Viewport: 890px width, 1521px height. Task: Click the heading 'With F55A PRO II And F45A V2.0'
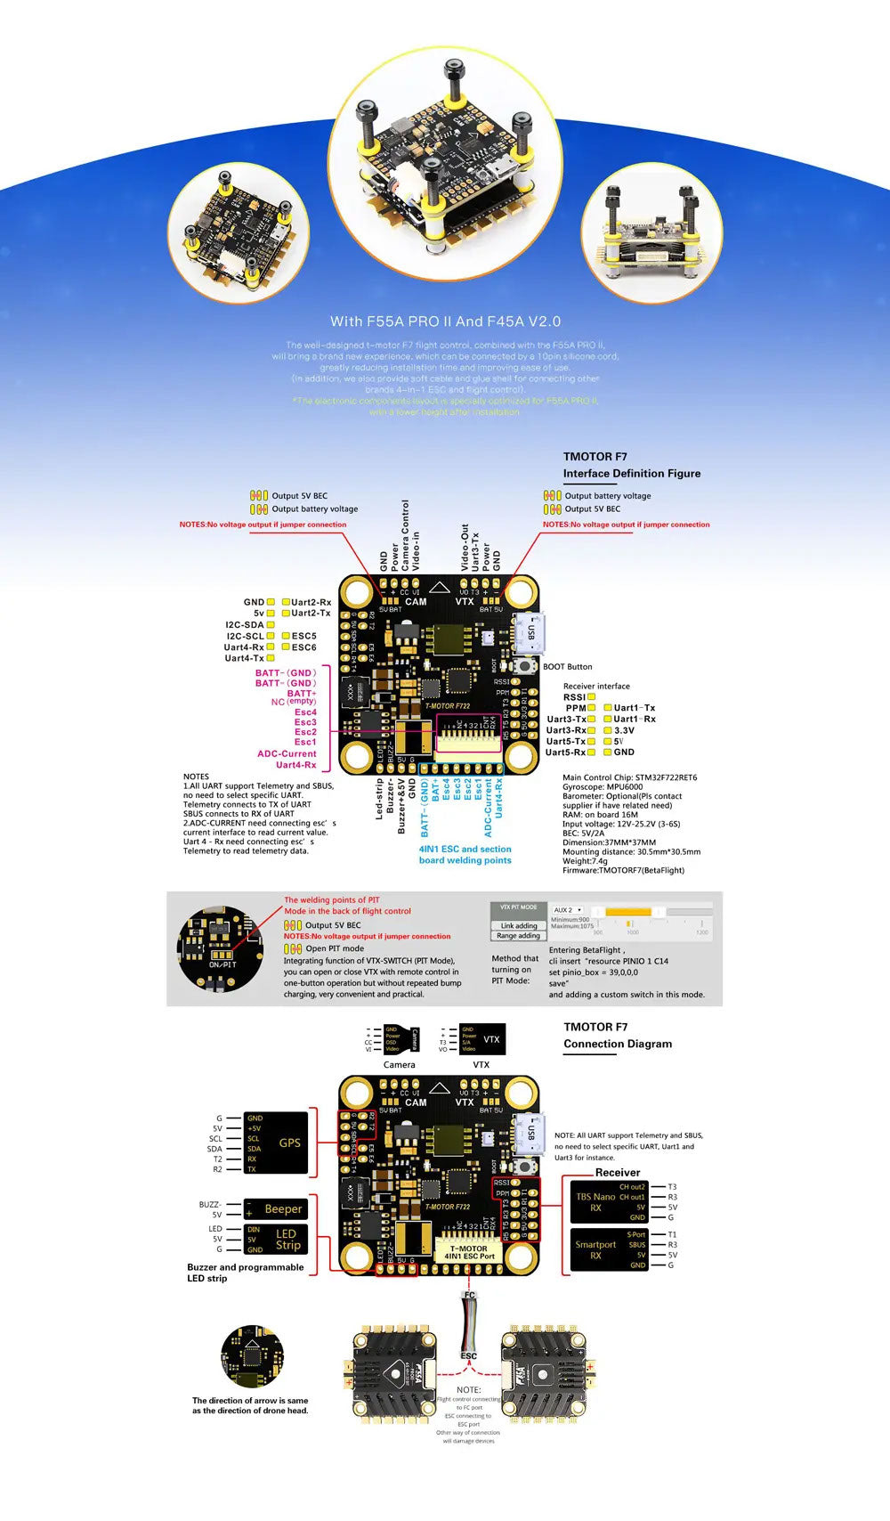pos(445,321)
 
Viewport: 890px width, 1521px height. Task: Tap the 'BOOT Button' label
pos(567,667)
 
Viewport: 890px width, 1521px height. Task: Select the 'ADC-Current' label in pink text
pos(287,753)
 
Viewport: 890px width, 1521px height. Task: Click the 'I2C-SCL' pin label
pos(245,636)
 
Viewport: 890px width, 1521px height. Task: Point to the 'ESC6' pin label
pos(303,647)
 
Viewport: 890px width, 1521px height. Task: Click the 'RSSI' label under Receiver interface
pos(574,697)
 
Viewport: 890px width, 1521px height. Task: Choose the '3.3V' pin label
pos(624,730)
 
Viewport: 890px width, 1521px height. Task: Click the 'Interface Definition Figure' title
pos(631,474)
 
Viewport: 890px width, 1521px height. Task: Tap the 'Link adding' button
pos(518,926)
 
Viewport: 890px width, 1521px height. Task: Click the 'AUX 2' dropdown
pos(568,910)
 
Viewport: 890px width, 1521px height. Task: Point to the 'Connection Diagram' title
pos(617,1044)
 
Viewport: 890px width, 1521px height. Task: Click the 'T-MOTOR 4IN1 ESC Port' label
pos(469,1252)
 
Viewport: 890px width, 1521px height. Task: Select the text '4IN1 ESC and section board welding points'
pos(465,855)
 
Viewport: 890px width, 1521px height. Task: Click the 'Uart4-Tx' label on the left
pos(244,658)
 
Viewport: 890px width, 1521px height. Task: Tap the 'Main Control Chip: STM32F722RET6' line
pos(629,777)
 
